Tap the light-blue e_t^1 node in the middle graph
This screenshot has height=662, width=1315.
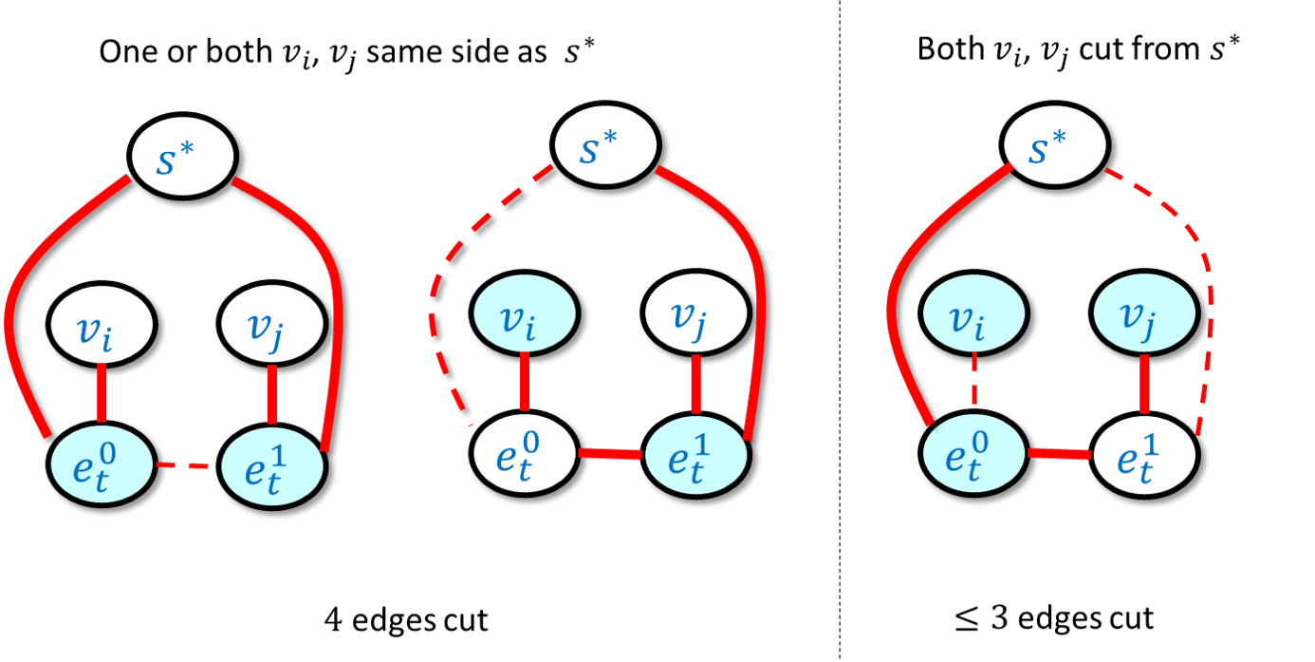[x=698, y=456]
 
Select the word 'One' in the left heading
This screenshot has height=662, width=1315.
[x=124, y=52]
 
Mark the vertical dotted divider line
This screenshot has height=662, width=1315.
[x=840, y=380]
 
